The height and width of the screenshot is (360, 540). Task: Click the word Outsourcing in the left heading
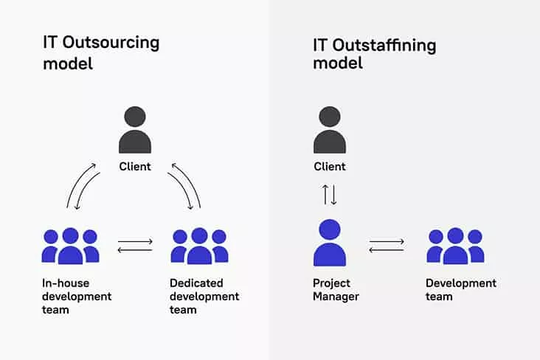[111, 44]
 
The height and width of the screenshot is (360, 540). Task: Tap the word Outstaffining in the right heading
[384, 46]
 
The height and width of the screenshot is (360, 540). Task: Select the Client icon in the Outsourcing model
[135, 130]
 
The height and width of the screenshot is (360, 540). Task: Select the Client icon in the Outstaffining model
[330, 130]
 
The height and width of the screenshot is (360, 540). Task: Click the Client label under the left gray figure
[135, 167]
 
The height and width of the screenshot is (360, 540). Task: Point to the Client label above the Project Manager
[330, 167]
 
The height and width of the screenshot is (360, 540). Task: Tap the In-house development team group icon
[71, 246]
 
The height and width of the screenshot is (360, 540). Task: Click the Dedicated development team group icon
[199, 246]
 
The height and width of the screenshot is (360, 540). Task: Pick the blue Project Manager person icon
[330, 243]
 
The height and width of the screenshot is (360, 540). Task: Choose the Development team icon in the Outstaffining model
[455, 246]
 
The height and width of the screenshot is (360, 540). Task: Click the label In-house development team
[77, 297]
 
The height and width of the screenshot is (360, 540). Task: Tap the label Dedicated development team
[204, 297]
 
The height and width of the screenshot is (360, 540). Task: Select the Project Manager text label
[336, 290]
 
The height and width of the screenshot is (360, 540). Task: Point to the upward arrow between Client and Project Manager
[325, 195]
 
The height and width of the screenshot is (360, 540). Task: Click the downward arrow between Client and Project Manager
[333, 195]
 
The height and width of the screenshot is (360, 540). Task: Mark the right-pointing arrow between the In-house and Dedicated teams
[135, 241]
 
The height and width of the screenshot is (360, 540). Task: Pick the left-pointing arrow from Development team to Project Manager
[387, 250]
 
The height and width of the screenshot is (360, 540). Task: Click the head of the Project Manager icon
[330, 229]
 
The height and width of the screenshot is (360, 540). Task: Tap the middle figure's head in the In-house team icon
[71, 235]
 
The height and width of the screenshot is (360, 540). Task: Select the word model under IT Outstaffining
[338, 63]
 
